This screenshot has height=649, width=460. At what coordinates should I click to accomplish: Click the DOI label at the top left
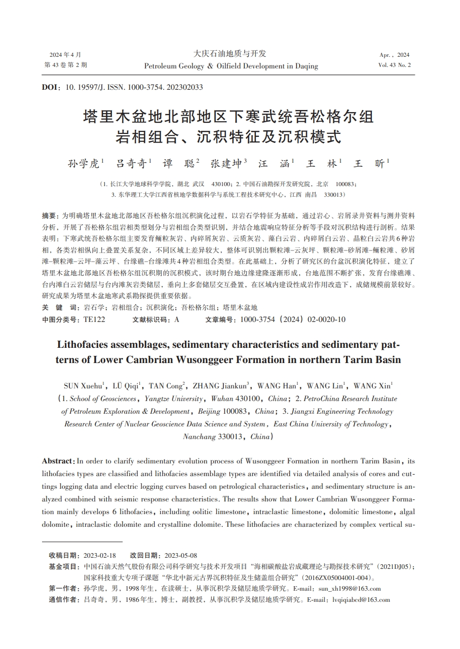click(51, 87)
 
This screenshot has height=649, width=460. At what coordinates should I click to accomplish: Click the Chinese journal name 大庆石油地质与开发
click(230, 54)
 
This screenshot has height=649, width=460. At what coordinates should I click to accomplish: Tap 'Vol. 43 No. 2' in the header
click(394, 65)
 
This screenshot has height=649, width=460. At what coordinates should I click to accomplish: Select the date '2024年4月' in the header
click(65, 55)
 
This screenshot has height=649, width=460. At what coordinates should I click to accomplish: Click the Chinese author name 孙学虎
click(84, 163)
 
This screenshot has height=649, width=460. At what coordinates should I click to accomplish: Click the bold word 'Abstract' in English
click(58, 461)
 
